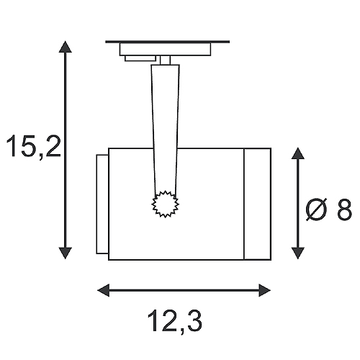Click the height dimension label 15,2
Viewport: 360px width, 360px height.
pyautogui.click(x=34, y=146)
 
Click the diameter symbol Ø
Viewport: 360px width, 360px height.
pyautogui.click(x=317, y=210)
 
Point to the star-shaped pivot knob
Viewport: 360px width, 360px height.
pyautogui.click(x=166, y=204)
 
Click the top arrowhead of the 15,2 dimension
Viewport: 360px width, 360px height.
pyautogui.click(x=65, y=47)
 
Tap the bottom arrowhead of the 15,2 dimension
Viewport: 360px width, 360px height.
pyautogui.click(x=65, y=253)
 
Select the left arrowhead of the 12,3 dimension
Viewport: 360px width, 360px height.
pyautogui.click(x=104, y=290)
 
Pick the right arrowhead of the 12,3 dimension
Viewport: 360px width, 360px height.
pyautogui.click(x=265, y=290)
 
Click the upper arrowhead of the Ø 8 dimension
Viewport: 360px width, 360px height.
pyautogui.click(x=298, y=153)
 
